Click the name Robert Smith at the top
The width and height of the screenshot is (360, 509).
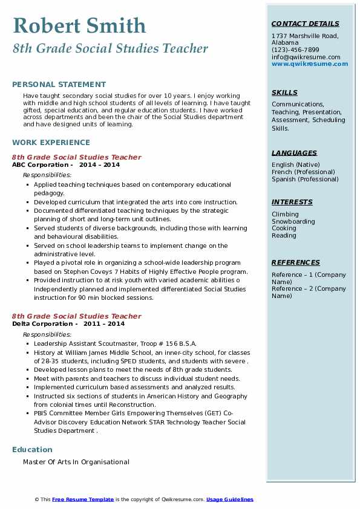(79, 26)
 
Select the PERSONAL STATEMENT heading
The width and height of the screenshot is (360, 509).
(59, 85)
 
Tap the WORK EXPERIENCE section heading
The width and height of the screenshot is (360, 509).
(51, 143)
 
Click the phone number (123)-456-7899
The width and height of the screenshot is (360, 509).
(295, 50)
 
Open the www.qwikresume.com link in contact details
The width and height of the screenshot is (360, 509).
(306, 63)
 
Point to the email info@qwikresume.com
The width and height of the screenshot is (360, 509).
(306, 57)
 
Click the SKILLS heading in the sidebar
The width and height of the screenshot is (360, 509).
(284, 92)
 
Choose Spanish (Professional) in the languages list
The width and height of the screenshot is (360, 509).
(305, 179)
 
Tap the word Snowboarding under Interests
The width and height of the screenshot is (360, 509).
(293, 221)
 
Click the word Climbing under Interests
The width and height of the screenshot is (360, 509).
(285, 214)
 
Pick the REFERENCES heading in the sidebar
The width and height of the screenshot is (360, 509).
(295, 262)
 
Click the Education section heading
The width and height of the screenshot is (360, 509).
(32, 450)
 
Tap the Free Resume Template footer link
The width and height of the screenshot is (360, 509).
(83, 499)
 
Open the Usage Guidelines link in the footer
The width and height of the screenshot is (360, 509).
(229, 499)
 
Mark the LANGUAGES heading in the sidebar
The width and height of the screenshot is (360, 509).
(294, 153)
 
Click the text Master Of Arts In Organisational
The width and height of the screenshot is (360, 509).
(76, 462)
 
